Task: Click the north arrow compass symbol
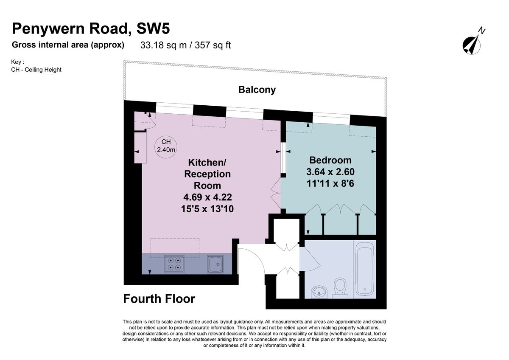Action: tap(472, 45)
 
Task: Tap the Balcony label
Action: tap(257, 90)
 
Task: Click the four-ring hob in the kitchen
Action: tap(174, 264)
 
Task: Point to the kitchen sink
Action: tap(215, 264)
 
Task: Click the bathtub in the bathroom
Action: tap(364, 269)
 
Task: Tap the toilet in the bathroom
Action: tap(340, 288)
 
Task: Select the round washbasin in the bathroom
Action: tap(319, 292)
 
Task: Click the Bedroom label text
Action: tap(330, 160)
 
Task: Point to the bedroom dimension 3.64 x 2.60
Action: tap(330, 172)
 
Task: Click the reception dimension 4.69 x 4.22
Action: tap(207, 197)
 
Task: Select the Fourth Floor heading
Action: tap(159, 299)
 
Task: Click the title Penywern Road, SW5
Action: tap(91, 28)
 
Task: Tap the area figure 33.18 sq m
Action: tap(163, 45)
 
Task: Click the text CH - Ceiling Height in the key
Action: tap(36, 70)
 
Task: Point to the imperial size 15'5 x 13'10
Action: tap(207, 209)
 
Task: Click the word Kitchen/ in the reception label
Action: tap(207, 162)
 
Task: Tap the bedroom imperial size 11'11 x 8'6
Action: tap(330, 183)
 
